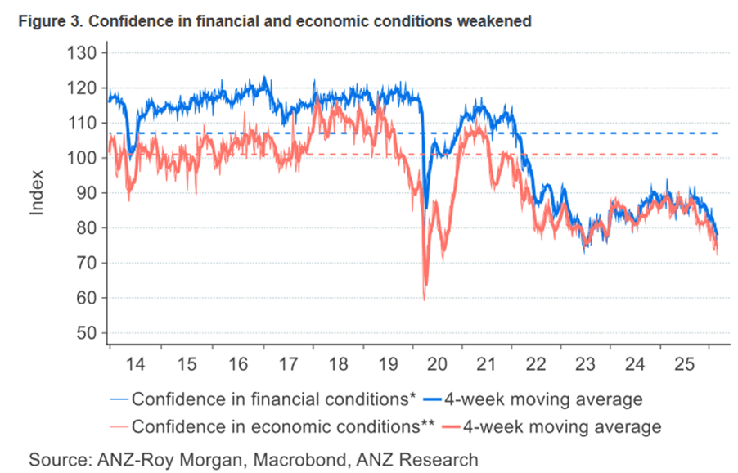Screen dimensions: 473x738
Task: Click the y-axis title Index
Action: click(x=38, y=193)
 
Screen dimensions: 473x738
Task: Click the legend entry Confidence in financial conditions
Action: click(x=271, y=399)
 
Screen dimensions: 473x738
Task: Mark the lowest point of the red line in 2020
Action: click(x=425, y=300)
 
